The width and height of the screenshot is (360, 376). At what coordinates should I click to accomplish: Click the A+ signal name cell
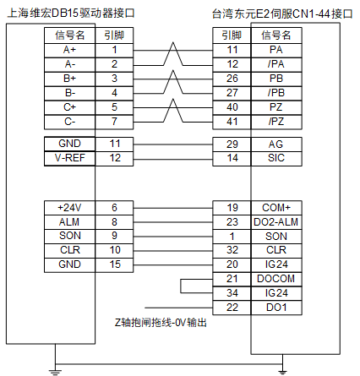[69, 51]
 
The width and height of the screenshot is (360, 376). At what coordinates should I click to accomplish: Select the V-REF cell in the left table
[69, 158]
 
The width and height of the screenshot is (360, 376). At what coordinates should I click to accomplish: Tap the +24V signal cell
[69, 208]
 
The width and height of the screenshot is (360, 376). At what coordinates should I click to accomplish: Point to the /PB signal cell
[276, 93]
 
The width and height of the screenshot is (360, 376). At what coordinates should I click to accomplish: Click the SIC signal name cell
[276, 158]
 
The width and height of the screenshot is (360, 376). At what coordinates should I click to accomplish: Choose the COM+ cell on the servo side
[276, 208]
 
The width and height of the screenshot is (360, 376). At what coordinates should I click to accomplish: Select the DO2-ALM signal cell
[276, 222]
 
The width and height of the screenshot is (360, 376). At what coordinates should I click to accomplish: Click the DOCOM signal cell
[276, 279]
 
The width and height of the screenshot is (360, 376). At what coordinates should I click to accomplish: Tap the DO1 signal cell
[276, 308]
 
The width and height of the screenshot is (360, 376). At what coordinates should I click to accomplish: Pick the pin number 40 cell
[232, 107]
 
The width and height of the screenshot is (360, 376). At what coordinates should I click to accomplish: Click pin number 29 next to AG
[232, 144]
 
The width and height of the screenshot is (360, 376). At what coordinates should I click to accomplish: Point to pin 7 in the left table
[114, 122]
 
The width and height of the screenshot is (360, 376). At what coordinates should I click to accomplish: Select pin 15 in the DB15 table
[114, 264]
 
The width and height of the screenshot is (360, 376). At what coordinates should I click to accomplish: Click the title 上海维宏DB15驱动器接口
[70, 14]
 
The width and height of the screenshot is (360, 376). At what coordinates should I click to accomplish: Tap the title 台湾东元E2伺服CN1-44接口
[282, 14]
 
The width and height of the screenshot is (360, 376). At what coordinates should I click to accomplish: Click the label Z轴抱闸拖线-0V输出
[161, 323]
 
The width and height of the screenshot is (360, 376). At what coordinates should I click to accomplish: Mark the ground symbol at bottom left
[55, 372]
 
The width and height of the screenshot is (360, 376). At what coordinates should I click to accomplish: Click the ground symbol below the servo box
[282, 372]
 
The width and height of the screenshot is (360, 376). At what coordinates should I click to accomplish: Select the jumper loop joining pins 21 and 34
[181, 286]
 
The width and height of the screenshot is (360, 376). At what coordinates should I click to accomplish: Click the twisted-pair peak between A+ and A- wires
[173, 43]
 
